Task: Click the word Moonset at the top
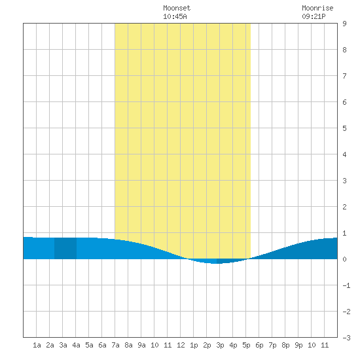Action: pos(177,8)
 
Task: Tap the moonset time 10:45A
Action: pos(175,16)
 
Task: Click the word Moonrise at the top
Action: pos(317,8)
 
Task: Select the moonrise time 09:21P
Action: pos(314,16)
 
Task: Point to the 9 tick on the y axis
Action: pos(344,24)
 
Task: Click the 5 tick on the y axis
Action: pos(344,128)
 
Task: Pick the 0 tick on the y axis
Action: pos(344,259)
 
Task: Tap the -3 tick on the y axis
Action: pos(346,338)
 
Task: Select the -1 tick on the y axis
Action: pos(346,285)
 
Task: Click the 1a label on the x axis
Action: pos(37,345)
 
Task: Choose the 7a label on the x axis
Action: pos(115,345)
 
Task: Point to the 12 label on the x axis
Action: pos(181,345)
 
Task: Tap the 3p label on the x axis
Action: pos(220,346)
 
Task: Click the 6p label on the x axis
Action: pos(259,346)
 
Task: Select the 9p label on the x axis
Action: pos(298,346)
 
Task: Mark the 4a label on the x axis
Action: pos(76,345)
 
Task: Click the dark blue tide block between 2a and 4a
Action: pos(65,249)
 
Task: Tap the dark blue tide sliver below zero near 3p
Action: pos(230,261)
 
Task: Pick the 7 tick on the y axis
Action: pos(344,76)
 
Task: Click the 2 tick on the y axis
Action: pos(344,207)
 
